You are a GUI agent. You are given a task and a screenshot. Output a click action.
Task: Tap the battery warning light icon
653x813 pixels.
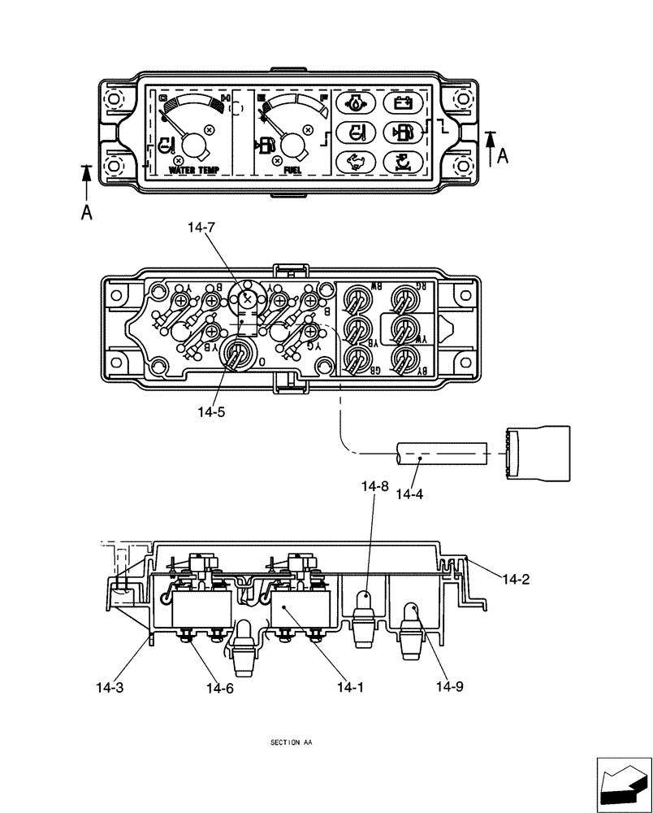(400, 103)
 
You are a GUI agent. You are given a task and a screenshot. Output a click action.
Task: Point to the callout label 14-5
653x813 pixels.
(211, 412)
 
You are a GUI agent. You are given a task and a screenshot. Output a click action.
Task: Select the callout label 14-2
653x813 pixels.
(516, 579)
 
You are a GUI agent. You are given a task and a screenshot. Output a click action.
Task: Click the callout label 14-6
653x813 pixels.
(220, 687)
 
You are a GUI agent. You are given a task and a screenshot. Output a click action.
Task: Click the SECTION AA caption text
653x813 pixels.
(290, 743)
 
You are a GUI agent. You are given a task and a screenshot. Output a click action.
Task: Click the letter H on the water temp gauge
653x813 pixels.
(225, 99)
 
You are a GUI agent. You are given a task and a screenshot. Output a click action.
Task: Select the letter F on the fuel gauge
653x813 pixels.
(323, 98)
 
